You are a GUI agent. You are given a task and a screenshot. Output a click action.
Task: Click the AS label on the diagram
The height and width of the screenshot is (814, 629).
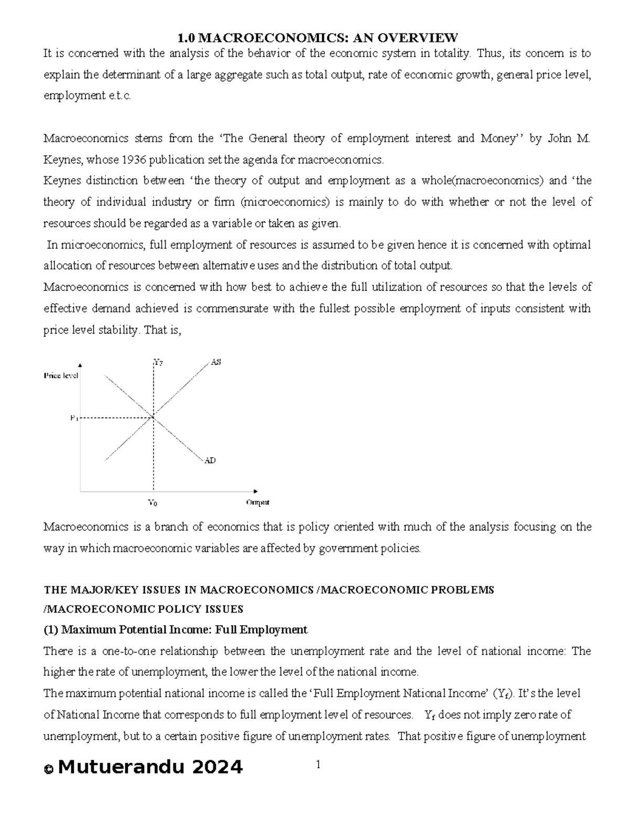point(215,362)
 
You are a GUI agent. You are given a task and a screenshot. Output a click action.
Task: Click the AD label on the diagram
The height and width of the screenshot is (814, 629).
point(210,460)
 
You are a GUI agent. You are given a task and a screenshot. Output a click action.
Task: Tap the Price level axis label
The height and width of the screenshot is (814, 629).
point(61,375)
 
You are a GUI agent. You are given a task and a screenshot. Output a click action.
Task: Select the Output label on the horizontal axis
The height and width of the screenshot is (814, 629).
point(257,502)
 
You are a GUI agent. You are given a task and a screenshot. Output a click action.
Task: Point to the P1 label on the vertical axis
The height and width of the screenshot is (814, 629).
point(74,418)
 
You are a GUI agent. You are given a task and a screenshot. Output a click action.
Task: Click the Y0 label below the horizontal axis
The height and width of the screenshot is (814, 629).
point(153,503)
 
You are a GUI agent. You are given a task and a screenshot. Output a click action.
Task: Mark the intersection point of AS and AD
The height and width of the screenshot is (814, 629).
point(153,417)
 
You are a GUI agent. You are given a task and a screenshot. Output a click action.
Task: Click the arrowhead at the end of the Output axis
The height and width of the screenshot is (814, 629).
point(256,491)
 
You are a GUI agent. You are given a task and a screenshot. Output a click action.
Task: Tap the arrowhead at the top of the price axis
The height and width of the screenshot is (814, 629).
point(80,365)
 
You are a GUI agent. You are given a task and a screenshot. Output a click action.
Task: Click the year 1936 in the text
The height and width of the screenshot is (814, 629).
point(133,159)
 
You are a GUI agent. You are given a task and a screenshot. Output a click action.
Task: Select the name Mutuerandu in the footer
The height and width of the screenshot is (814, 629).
point(121,767)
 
